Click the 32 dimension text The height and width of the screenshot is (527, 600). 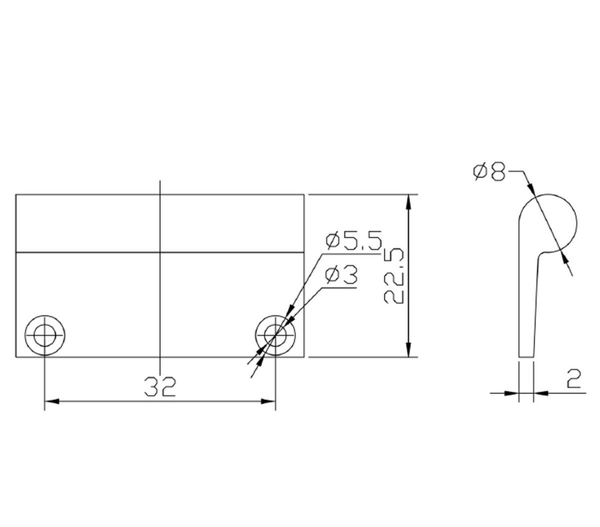pyautogui.click(x=160, y=386)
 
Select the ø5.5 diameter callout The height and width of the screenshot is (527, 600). pyautogui.click(x=354, y=240)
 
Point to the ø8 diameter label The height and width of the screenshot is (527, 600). pyautogui.click(x=489, y=171)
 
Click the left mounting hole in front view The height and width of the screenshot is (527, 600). pyautogui.click(x=45, y=335)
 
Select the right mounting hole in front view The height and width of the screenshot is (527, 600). pyautogui.click(x=275, y=335)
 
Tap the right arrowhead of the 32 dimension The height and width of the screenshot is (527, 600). pyautogui.click(x=269, y=401)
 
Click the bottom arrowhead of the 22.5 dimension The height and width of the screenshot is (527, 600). pyautogui.click(x=409, y=351)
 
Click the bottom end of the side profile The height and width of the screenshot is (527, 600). pyautogui.click(x=526, y=356)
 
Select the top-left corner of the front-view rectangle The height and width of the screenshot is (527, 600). pyautogui.click(x=16, y=194)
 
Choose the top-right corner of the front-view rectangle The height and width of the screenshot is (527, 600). pyautogui.click(x=304, y=194)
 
